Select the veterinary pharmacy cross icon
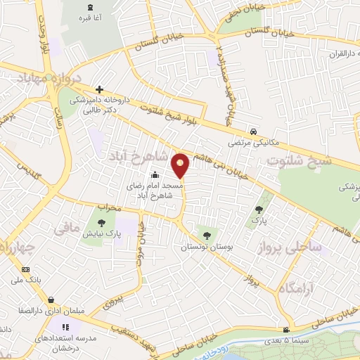[x=100, y=89]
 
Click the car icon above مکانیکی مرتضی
[x=252, y=131]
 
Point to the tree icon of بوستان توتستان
[x=206, y=236]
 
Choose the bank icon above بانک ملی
[x=27, y=269]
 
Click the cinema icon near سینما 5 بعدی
[x=285, y=330]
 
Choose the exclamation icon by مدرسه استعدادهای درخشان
[x=66, y=326]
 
